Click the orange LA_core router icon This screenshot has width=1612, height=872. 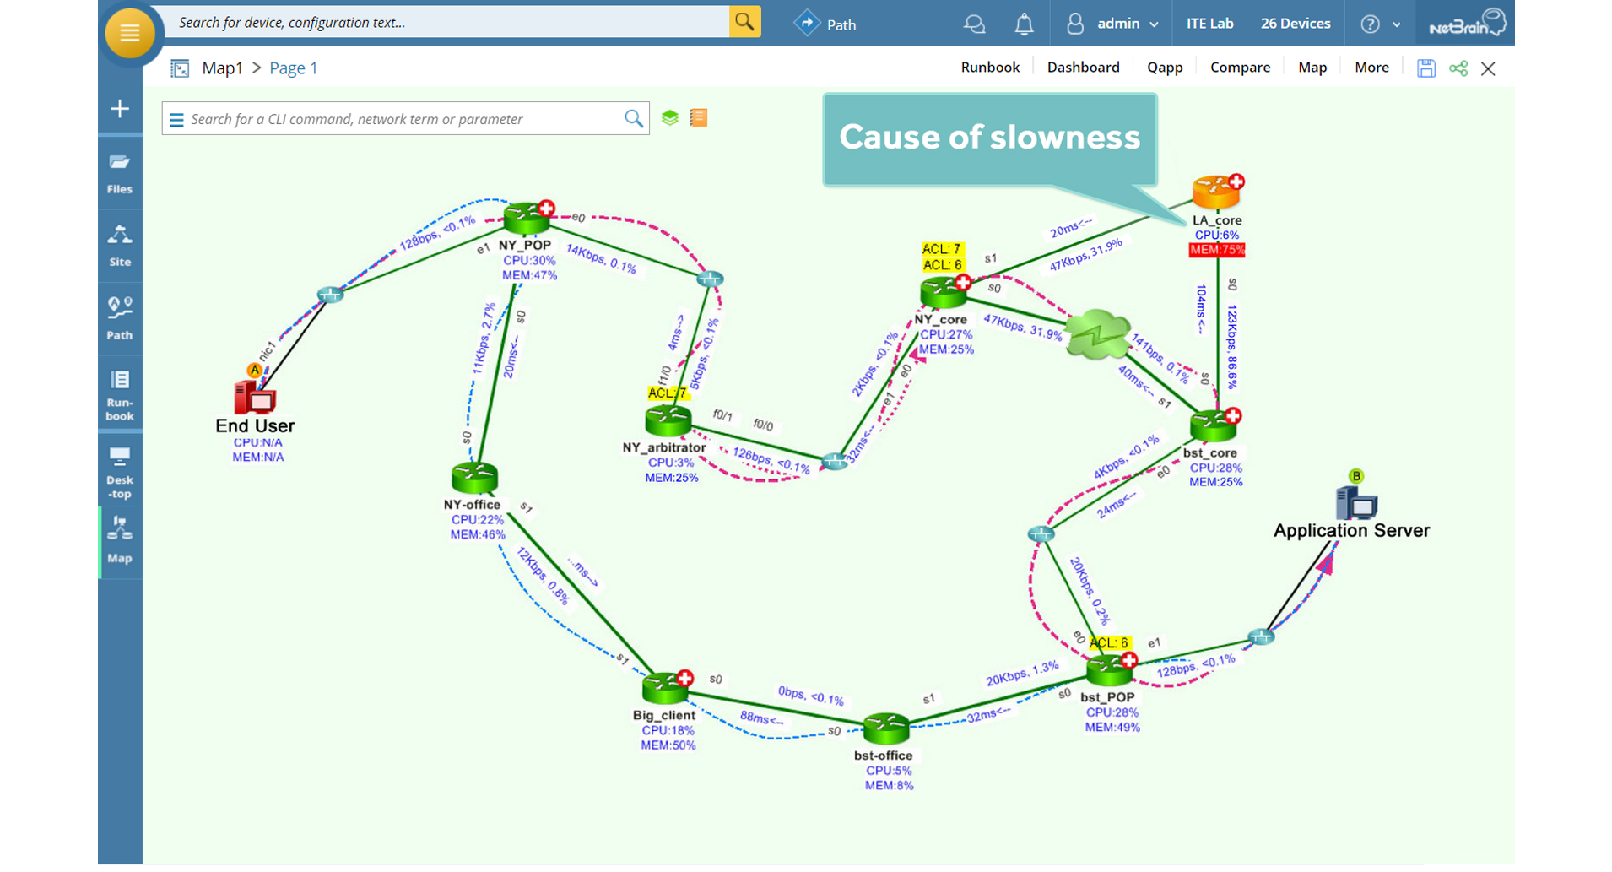[1214, 192]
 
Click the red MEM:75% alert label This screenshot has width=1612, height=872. [1216, 250]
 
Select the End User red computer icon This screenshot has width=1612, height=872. [255, 396]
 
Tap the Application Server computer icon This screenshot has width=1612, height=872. [1356, 503]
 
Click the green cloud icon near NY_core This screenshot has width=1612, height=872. [1097, 334]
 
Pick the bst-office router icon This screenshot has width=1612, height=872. [885, 728]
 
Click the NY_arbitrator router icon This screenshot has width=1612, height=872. [668, 420]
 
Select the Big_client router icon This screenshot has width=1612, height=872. [666, 688]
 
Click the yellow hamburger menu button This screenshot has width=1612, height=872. [129, 33]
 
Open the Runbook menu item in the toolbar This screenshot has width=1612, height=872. [990, 68]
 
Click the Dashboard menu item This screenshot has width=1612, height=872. [1083, 68]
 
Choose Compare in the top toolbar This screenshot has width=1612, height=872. [1240, 68]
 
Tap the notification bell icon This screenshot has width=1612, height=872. [1024, 24]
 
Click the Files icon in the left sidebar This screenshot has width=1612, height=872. [120, 174]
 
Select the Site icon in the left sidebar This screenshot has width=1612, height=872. [120, 246]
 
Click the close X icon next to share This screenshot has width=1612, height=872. [1488, 69]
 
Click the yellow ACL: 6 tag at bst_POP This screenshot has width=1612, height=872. [1108, 643]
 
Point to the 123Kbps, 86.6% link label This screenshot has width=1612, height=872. [1232, 346]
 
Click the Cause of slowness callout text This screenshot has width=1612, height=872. [989, 138]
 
